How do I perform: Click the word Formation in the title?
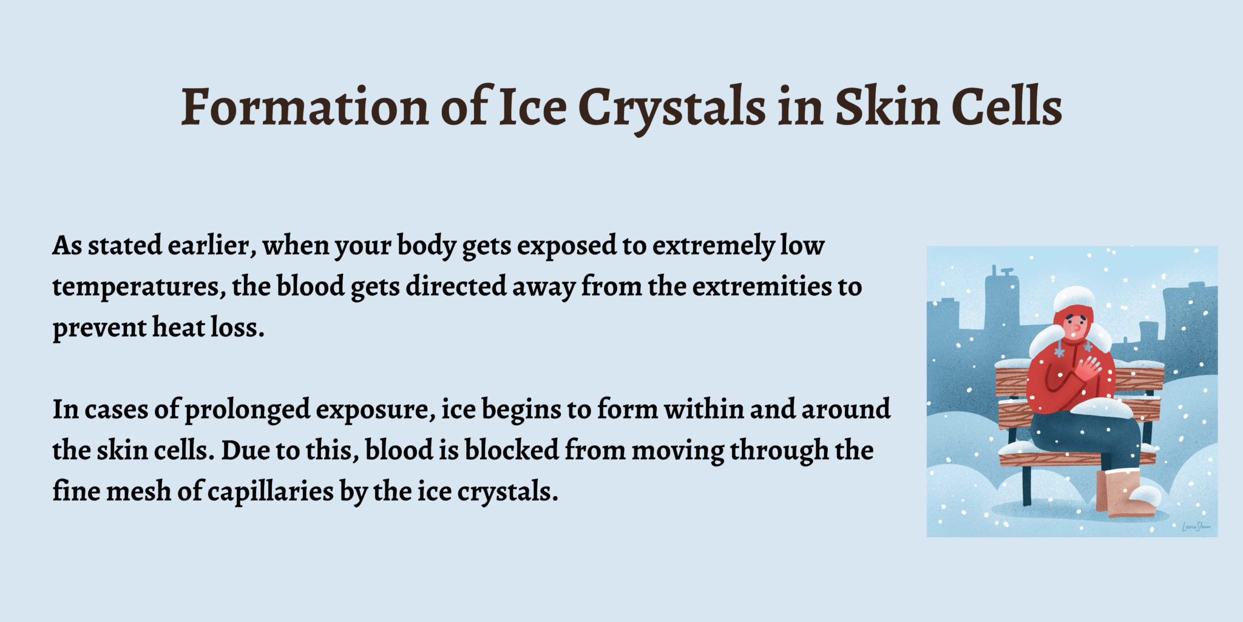coord(305,107)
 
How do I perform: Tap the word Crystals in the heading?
coord(672,109)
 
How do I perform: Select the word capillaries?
coord(271,493)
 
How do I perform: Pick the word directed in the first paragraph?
coord(456,286)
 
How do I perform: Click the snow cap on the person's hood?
coord(1074,298)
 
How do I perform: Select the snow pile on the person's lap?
coord(1100,408)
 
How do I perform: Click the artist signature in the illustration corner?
coord(1196,526)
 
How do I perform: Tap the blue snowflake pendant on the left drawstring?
coord(1059,352)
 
